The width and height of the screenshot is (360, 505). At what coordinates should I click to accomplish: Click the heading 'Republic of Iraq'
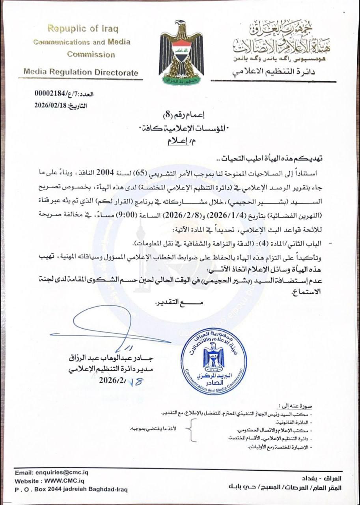point(82,29)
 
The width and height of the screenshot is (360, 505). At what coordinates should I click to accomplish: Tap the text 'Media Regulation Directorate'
point(81,72)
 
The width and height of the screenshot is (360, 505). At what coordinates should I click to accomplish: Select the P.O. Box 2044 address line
point(71,490)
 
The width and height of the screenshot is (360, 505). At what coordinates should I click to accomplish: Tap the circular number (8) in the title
point(168,116)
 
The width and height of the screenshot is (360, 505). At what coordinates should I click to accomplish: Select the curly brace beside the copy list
point(192,430)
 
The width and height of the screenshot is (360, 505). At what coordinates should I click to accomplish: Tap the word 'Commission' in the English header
point(91,54)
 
